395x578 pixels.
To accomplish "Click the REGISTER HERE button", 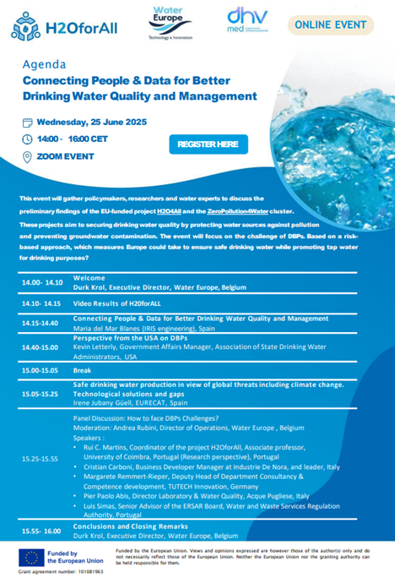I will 208,144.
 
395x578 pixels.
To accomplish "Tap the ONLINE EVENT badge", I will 338,25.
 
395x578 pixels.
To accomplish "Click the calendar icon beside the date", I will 28,121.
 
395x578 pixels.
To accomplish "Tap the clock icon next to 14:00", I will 28,139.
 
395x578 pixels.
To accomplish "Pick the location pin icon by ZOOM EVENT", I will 28,156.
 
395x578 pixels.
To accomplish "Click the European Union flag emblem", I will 35,557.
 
